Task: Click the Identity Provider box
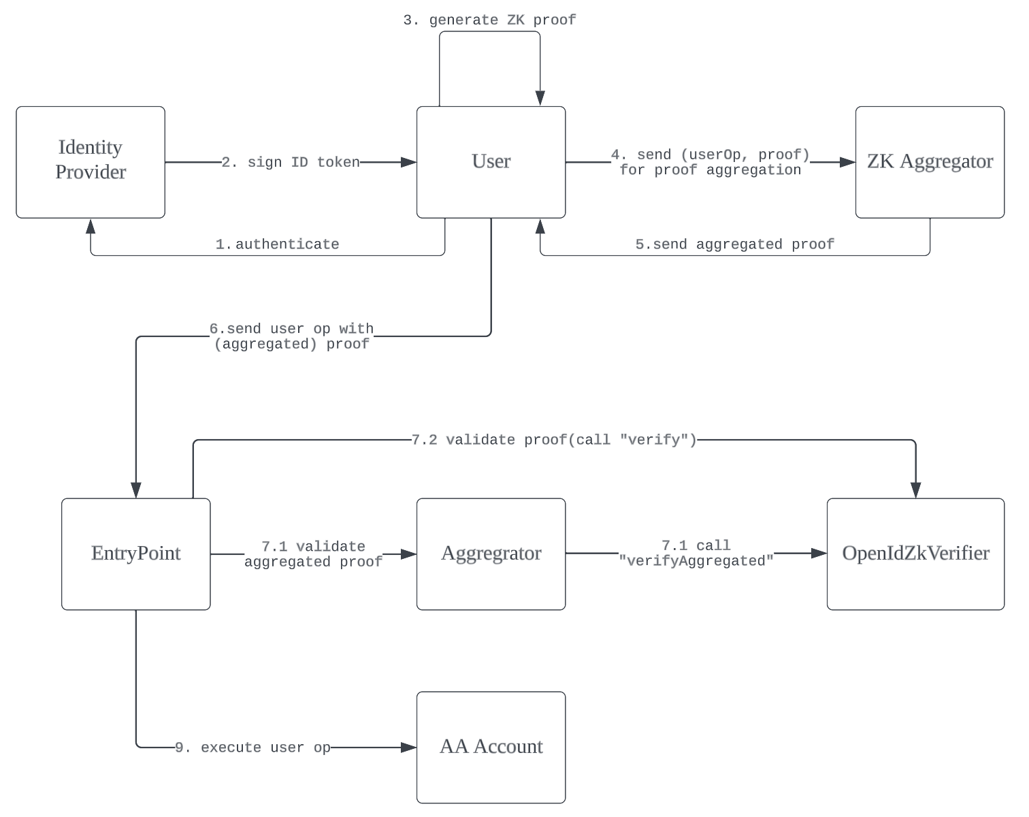(x=91, y=162)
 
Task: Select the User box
(x=491, y=162)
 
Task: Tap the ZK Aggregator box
(x=930, y=162)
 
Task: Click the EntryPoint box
(x=135, y=554)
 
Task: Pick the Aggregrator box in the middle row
(x=491, y=554)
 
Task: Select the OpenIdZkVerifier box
(x=915, y=554)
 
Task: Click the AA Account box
(x=491, y=747)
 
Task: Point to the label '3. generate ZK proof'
(x=489, y=20)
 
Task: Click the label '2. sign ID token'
(x=291, y=162)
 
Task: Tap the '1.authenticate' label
(x=277, y=244)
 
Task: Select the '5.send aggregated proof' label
(x=734, y=244)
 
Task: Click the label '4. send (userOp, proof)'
(x=710, y=155)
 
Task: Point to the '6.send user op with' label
(x=291, y=329)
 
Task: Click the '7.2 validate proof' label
(x=554, y=440)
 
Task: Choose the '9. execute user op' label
(x=252, y=748)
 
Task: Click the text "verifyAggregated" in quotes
(x=696, y=562)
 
